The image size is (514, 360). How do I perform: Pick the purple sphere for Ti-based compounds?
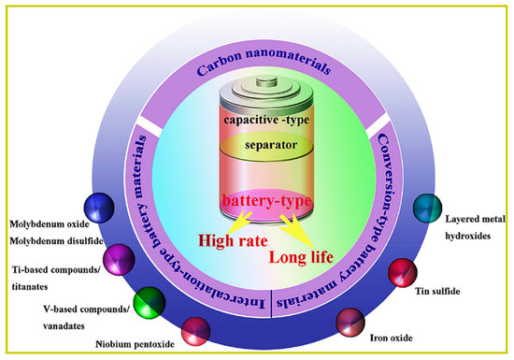[119, 257]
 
